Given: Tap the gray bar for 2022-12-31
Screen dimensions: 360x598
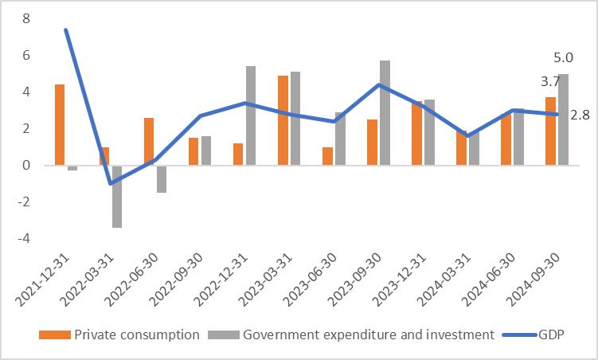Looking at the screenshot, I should pos(250,115).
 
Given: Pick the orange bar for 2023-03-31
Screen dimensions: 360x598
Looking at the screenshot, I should pos(283,120).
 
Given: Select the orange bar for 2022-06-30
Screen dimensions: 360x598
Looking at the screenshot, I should pos(149,142).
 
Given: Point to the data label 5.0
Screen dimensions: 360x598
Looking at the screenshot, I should pos(562,58).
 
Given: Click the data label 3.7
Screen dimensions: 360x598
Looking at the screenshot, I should pos(549,82).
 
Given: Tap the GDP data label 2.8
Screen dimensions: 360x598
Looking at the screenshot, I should pos(580,115).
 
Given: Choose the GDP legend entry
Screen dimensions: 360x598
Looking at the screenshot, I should pos(546,335).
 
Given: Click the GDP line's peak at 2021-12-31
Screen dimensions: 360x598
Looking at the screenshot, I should pos(65,30).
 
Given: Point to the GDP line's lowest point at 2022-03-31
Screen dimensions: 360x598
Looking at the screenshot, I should pos(110,183).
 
